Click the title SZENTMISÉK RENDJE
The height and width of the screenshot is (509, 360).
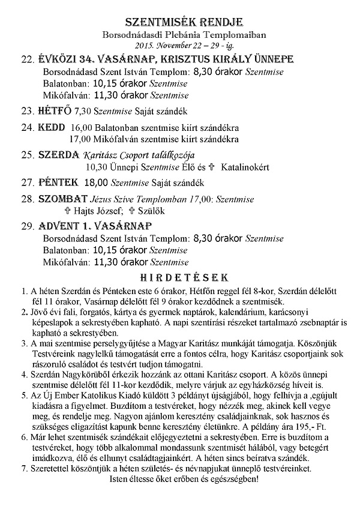tap(179, 22)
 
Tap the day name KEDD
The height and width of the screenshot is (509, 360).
tap(50, 128)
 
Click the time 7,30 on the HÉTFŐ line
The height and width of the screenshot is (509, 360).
tap(84, 111)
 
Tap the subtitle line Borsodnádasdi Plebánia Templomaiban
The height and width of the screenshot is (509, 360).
tap(179, 35)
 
